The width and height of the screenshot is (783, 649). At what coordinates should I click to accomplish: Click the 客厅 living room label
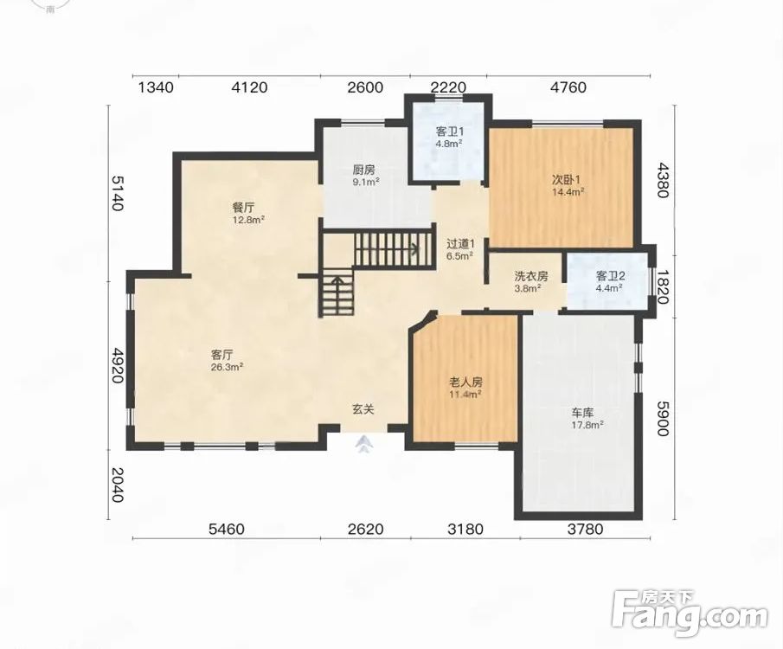(222, 356)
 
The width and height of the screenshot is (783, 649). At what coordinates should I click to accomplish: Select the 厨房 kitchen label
(363, 170)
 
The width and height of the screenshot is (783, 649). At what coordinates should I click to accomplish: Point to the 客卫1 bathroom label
(450, 132)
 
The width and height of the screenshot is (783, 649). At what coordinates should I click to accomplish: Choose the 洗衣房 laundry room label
(531, 276)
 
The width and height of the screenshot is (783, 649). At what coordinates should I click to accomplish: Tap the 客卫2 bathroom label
(611, 276)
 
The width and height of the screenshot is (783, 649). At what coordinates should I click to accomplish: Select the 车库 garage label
(582, 413)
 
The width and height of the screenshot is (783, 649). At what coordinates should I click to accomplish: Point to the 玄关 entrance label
(363, 409)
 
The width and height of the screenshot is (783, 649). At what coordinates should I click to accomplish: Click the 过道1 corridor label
(460, 244)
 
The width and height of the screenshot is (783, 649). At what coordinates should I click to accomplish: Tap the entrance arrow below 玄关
(363, 444)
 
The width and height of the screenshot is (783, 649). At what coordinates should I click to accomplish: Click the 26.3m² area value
(228, 367)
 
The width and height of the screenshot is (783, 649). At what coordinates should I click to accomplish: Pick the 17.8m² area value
(587, 425)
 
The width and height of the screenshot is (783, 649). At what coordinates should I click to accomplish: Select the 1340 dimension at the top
(156, 87)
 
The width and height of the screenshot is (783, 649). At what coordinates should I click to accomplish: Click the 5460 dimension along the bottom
(226, 529)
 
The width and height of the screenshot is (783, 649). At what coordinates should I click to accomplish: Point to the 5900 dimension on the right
(662, 418)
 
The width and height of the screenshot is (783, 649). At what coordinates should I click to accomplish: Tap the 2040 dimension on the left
(116, 485)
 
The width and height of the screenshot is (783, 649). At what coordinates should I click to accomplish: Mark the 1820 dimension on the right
(662, 286)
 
